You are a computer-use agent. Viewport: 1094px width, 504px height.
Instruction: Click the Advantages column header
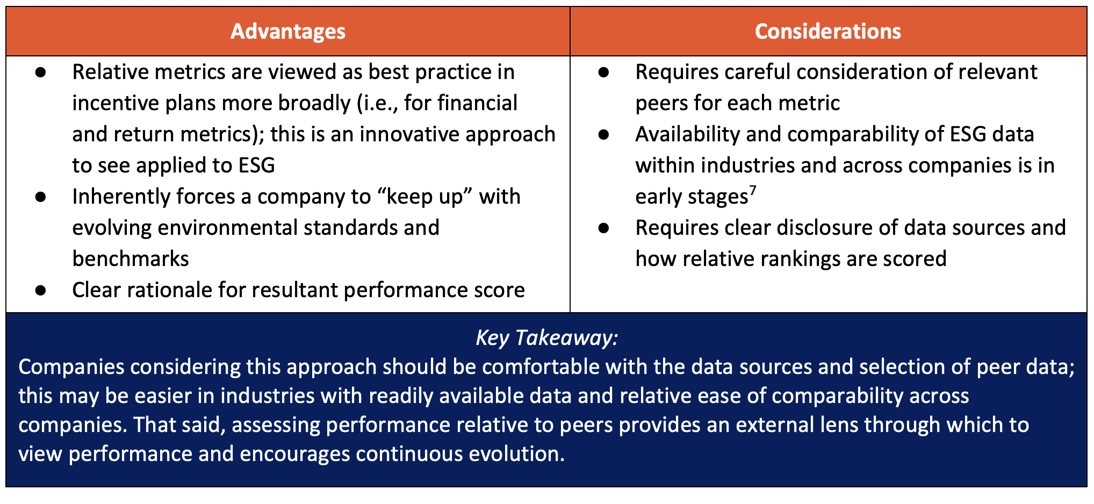288,31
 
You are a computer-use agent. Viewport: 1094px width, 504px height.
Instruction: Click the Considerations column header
828,31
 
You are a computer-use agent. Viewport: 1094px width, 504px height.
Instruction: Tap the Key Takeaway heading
547,337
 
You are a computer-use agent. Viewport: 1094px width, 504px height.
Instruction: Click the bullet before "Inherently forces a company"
40,197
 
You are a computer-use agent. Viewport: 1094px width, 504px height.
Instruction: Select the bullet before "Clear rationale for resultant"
40,290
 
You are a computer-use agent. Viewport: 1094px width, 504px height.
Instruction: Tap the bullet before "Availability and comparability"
603,134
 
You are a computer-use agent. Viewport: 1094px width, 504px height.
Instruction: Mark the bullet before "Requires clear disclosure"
603,228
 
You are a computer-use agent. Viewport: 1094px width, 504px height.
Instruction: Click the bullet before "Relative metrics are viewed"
40,72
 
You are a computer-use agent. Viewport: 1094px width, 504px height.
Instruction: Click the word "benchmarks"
131,259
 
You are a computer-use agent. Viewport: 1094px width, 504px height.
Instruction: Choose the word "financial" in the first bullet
478,103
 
